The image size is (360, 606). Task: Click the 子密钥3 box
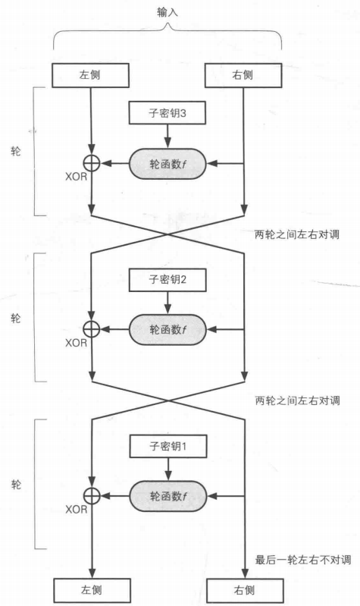coord(167,114)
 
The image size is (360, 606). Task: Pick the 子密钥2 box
coord(167,280)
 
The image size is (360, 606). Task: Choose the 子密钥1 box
coord(167,446)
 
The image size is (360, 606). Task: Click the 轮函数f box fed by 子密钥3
coord(167,163)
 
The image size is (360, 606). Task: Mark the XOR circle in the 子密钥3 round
coord(91,163)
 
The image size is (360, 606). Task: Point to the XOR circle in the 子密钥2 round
coord(91,329)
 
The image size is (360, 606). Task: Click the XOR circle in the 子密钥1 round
coord(91,495)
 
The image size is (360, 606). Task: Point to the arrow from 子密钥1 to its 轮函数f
coord(167,469)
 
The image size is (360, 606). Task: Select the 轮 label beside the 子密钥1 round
coord(17,483)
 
